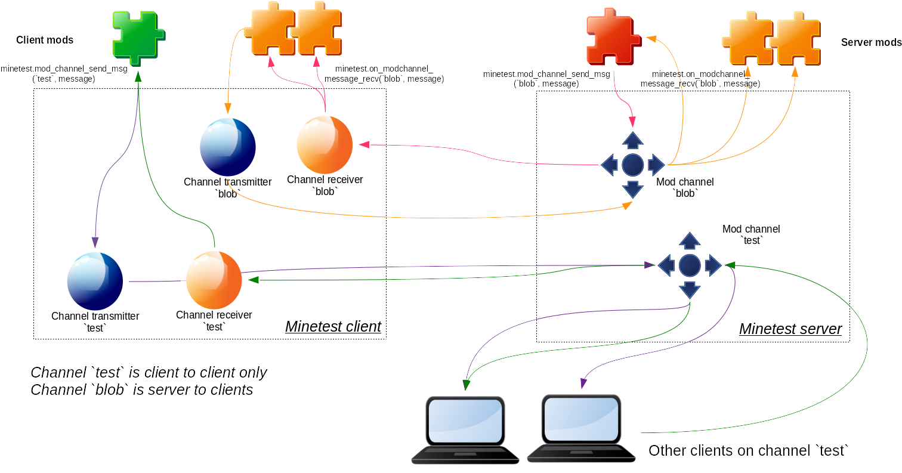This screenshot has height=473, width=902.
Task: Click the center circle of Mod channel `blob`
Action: pos(632,165)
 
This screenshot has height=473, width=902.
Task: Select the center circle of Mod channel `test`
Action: pos(690,265)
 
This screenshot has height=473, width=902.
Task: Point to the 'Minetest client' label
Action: pos(333,326)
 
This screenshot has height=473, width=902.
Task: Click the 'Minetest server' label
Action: pos(790,329)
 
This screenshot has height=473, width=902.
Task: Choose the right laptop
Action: pos(581,429)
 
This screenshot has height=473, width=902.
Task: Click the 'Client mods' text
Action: pos(45,40)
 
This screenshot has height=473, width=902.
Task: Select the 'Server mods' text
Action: pos(870,42)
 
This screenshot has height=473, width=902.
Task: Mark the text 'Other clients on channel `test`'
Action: pos(748,450)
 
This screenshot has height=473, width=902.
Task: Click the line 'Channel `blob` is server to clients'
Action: pos(141,390)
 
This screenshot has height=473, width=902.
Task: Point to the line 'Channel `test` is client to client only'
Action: pos(149,373)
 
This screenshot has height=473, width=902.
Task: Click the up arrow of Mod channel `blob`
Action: pos(632,140)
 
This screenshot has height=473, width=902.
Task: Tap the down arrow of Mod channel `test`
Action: pos(690,290)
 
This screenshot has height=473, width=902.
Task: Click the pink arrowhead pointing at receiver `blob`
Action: pos(364,144)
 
